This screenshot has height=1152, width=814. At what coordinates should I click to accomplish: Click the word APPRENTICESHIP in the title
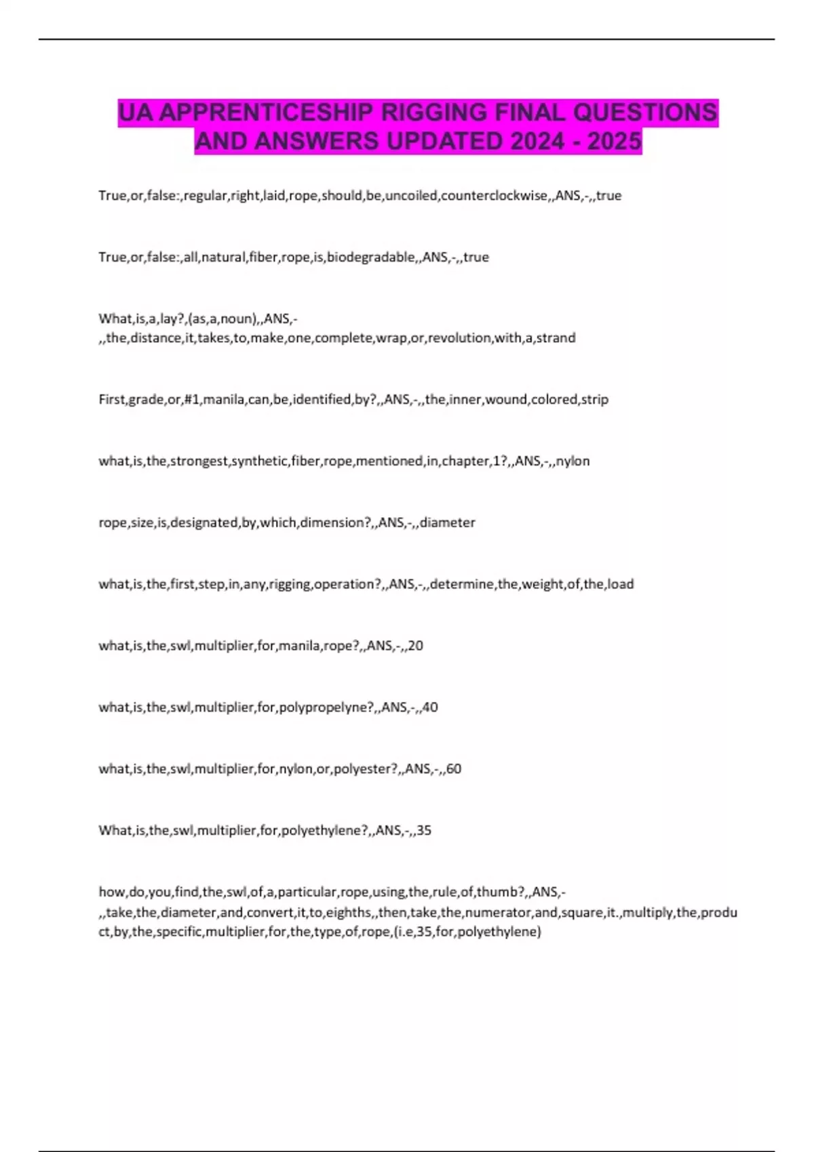(265, 112)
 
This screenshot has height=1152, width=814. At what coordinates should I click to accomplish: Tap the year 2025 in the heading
(614, 141)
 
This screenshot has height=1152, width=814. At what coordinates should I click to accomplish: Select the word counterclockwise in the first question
(494, 195)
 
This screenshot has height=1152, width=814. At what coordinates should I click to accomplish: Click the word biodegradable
(371, 257)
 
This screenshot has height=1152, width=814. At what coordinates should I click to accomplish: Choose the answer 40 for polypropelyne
(430, 707)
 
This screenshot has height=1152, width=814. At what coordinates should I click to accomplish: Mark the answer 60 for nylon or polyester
(454, 769)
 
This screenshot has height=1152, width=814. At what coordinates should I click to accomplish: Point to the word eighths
(349, 912)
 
